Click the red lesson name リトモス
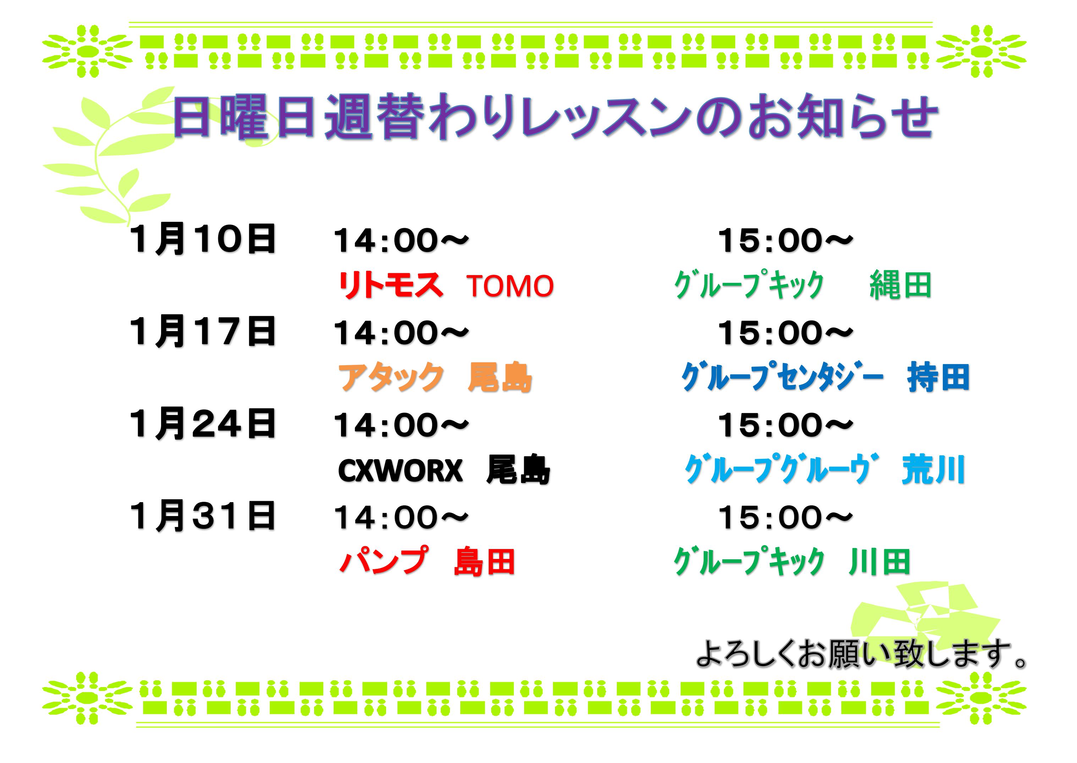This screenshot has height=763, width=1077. coord(390,285)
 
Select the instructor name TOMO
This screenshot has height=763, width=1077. coord(510,286)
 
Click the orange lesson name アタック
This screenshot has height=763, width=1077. coord(391,377)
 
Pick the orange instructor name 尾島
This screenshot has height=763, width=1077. coord(500,377)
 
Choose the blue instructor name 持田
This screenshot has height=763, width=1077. coord(939,377)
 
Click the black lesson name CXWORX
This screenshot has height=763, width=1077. coord(400,470)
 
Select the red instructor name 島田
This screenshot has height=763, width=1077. coord(485,561)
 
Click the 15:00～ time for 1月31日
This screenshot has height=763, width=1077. coord(785,517)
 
